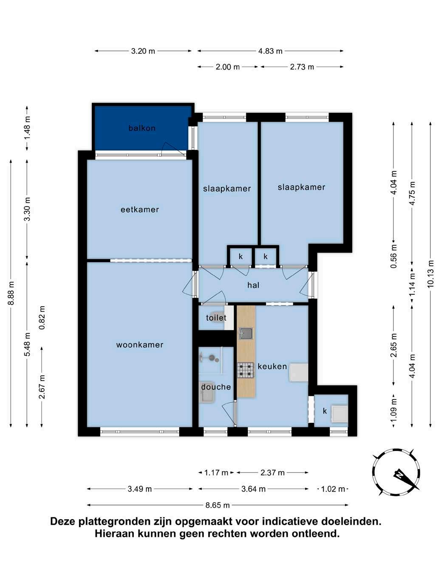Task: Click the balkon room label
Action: click(x=142, y=128)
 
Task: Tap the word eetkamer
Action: click(x=140, y=210)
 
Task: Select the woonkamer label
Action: click(x=140, y=345)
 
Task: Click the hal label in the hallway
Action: click(x=253, y=285)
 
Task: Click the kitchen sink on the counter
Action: click(x=246, y=333)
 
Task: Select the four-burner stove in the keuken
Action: click(x=246, y=370)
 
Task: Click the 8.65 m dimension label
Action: click(x=218, y=505)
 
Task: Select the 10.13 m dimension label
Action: click(x=430, y=274)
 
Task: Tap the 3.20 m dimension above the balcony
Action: click(x=143, y=51)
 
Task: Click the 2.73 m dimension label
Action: click(x=302, y=67)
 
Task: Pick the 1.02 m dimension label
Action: click(x=333, y=489)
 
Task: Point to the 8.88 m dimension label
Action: click(x=11, y=293)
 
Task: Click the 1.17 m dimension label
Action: click(x=216, y=473)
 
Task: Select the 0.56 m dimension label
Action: click(x=393, y=256)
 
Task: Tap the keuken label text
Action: click(x=272, y=366)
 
